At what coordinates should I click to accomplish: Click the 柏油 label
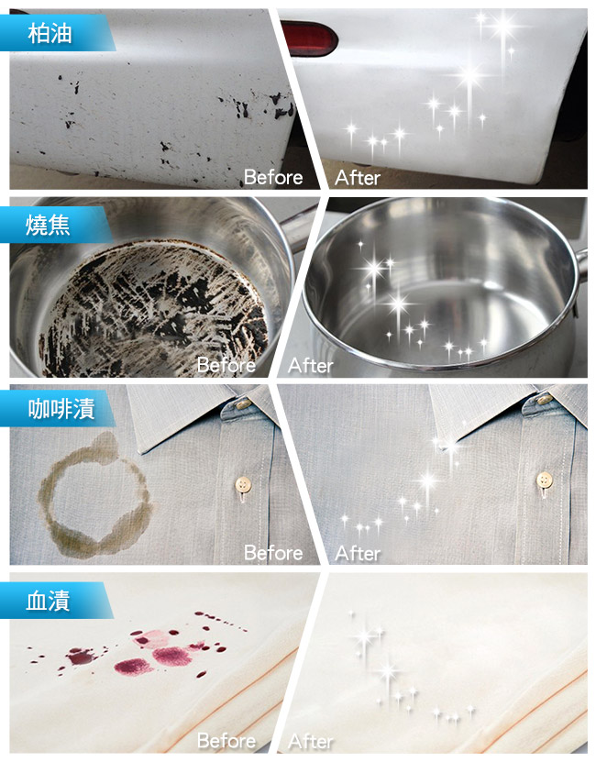[x=50, y=34]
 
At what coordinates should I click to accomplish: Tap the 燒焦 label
[x=48, y=225]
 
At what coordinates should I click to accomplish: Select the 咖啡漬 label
[x=61, y=408]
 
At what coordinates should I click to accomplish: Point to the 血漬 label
[x=48, y=601]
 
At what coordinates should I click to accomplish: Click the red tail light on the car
[x=309, y=38]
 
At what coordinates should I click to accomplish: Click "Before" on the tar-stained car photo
[x=273, y=177]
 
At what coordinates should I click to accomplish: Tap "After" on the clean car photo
[x=358, y=178]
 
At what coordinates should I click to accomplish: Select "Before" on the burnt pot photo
[x=226, y=365]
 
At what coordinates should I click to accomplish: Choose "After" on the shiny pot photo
[x=311, y=366]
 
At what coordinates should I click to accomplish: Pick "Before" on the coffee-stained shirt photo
[x=273, y=553]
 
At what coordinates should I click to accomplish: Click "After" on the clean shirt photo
[x=358, y=554]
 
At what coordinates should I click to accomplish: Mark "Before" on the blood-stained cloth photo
[x=226, y=741]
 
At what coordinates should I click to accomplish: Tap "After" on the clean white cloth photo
[x=311, y=741]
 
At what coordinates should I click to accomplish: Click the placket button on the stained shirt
[x=243, y=484]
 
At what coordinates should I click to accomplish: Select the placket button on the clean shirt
[x=545, y=480]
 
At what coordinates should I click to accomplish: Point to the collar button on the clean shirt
[x=545, y=400]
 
